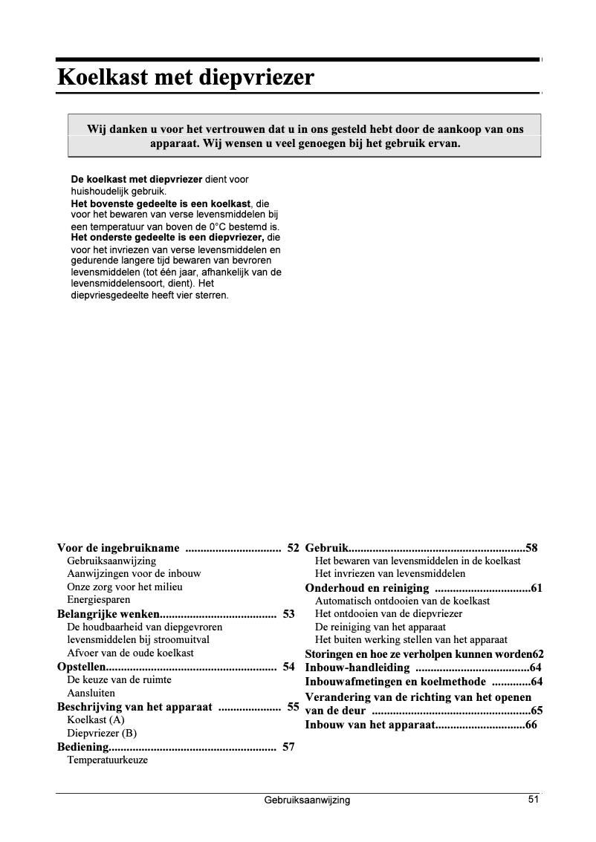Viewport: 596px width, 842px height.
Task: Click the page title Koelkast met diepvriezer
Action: tap(186, 77)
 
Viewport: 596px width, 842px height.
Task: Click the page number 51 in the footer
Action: tap(534, 800)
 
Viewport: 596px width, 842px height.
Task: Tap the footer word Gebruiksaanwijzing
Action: tap(307, 800)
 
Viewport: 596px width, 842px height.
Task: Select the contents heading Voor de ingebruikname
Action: tap(119, 549)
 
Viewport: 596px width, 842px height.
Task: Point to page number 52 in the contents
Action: tap(293, 549)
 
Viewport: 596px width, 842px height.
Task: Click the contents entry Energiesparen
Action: tap(99, 600)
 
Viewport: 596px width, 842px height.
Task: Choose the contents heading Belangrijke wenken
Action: tap(108, 614)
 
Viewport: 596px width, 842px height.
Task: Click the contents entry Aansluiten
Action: tap(91, 693)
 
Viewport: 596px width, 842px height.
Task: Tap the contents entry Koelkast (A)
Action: tap(96, 720)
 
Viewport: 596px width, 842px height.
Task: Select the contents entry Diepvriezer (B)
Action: tap(102, 734)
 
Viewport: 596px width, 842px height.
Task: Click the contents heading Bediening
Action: tap(84, 747)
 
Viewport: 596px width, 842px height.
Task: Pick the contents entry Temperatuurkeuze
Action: tap(107, 760)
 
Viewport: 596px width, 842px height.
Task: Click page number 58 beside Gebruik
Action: tap(531, 549)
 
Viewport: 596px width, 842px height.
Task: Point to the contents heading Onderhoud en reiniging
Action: tap(367, 589)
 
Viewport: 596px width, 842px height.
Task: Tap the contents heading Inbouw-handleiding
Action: tap(357, 668)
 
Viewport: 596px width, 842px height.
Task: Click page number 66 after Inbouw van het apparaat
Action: tap(531, 725)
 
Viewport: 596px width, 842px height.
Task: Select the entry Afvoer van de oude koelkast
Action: tap(130, 653)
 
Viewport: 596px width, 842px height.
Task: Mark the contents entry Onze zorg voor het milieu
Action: tap(125, 587)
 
